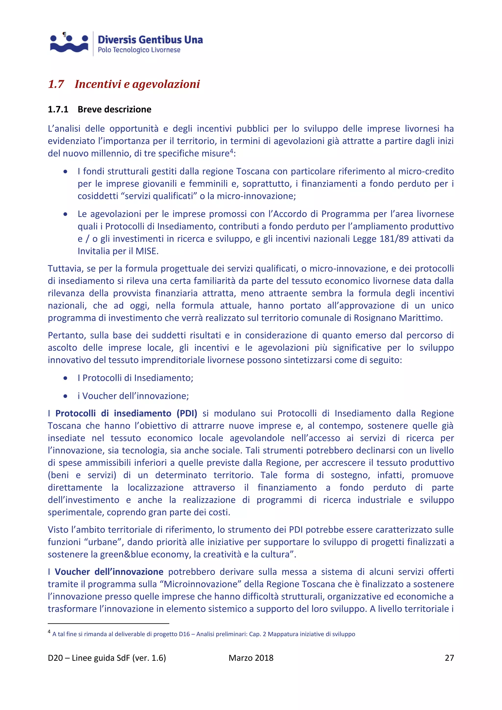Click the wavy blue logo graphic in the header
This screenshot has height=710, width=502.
[x=69, y=43]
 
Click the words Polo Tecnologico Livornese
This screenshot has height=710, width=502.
[x=139, y=50]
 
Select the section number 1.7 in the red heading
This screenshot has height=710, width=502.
[x=56, y=84]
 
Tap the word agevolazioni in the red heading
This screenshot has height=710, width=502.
[x=166, y=84]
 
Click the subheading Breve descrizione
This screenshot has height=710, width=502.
[x=114, y=110]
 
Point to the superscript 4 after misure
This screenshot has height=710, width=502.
[x=231, y=151]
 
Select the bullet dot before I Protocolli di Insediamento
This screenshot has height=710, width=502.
[x=65, y=378]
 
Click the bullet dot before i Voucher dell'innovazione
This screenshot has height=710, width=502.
[x=65, y=396]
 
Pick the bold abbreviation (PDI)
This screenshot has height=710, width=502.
[x=187, y=413]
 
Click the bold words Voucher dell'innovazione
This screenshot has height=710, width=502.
[x=109, y=572]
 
